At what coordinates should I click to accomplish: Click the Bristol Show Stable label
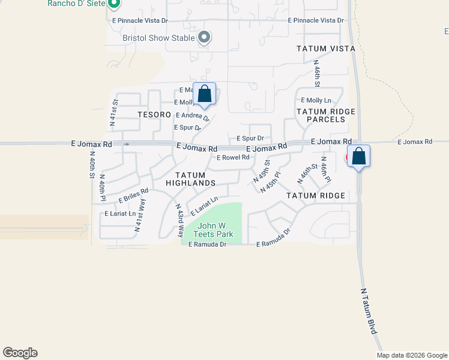click(x=158, y=38)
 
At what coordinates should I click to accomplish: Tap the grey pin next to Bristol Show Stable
click(x=204, y=38)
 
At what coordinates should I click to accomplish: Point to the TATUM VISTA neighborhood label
click(x=325, y=49)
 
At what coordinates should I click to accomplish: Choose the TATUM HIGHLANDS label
click(x=190, y=178)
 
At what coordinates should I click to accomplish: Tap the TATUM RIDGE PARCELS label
click(x=325, y=115)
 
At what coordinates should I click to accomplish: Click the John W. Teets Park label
click(x=211, y=230)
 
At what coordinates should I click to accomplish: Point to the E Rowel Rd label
click(x=232, y=158)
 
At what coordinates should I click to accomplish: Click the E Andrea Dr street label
click(x=192, y=116)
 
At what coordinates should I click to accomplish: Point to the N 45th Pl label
click(x=271, y=182)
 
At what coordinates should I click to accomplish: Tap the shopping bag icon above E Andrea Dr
click(x=204, y=94)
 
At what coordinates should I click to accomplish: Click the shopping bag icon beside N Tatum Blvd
click(x=358, y=157)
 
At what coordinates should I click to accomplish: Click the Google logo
click(x=20, y=353)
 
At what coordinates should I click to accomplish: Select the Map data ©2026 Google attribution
click(x=411, y=355)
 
